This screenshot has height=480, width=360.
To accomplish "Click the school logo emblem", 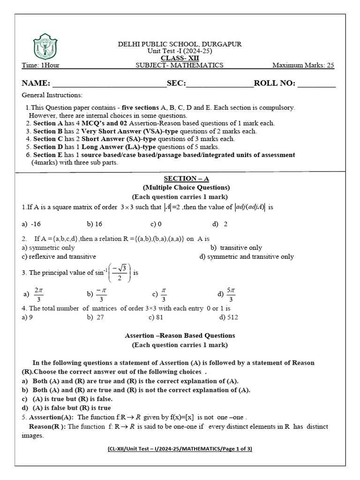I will pyautogui.click(x=45, y=47).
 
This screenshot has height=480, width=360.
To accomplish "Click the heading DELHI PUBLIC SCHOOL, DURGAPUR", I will pyautogui.click(x=180, y=44).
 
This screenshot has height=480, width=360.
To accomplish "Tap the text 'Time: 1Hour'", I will pyautogui.click(x=41, y=65).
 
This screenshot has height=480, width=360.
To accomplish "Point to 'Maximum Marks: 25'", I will pyautogui.click(x=303, y=65).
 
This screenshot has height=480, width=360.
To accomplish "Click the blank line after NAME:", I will pyautogui.click(x=109, y=84).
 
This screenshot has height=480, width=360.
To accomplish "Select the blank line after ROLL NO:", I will pyautogui.click(x=316, y=84).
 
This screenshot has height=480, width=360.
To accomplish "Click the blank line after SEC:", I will pyautogui.click(x=220, y=84).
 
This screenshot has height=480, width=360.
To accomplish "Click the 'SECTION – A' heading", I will pyautogui.click(x=180, y=179).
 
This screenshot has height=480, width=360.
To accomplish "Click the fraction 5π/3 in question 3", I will pyautogui.click(x=231, y=294).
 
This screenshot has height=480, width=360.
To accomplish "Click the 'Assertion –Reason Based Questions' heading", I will pyautogui.click(x=180, y=336).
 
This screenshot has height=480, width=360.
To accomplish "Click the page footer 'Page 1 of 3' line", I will pyautogui.click(x=180, y=449).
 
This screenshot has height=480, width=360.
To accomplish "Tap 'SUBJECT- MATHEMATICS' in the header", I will pyautogui.click(x=180, y=65).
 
